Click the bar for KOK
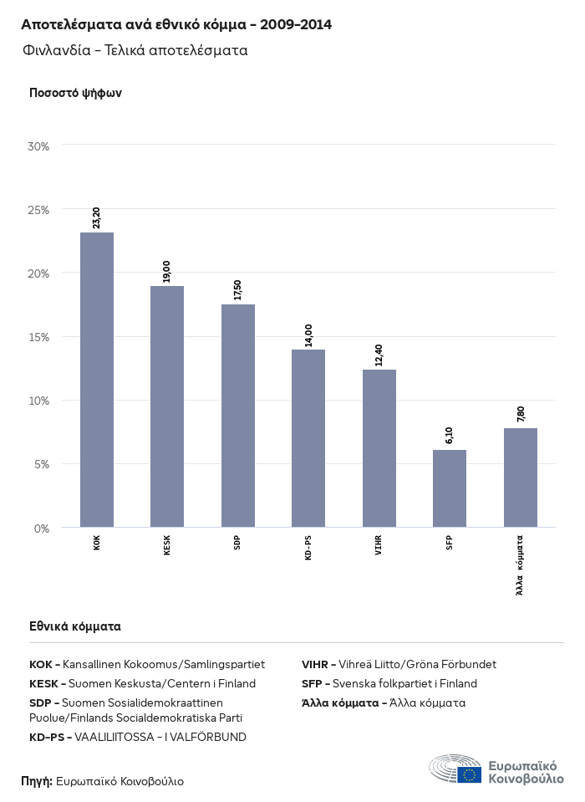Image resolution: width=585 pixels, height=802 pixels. [x=97, y=380]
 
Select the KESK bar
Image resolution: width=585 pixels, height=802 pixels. [x=167, y=406]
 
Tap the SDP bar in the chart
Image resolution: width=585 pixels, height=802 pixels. [x=238, y=416]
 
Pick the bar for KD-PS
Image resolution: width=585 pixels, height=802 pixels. [x=308, y=438]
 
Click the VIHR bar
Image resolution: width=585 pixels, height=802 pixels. [x=379, y=448]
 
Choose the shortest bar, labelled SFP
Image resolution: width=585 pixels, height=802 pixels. [x=450, y=488]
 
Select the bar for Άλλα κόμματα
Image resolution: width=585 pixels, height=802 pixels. [x=520, y=478]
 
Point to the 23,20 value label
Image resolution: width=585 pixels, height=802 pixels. [x=97, y=217]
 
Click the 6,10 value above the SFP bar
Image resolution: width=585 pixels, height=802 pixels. [x=450, y=435]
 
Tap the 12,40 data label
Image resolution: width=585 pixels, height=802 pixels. [x=379, y=354]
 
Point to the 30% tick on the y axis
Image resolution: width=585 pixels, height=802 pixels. [x=39, y=146]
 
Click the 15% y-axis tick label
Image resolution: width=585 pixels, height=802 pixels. [x=39, y=337]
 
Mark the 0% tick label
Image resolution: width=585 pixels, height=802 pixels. [x=43, y=529]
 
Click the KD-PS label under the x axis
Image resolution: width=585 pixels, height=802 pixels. [x=308, y=548]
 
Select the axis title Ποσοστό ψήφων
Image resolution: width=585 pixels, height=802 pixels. [x=76, y=93]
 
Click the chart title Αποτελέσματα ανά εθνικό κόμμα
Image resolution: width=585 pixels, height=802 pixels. [x=176, y=25]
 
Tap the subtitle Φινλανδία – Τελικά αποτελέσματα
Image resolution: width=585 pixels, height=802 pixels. [x=135, y=50]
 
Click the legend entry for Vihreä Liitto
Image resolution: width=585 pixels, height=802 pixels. [x=399, y=664]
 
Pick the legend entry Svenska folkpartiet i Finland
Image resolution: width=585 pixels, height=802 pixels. [x=389, y=683]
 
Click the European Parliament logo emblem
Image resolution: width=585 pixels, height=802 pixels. [x=455, y=769]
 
